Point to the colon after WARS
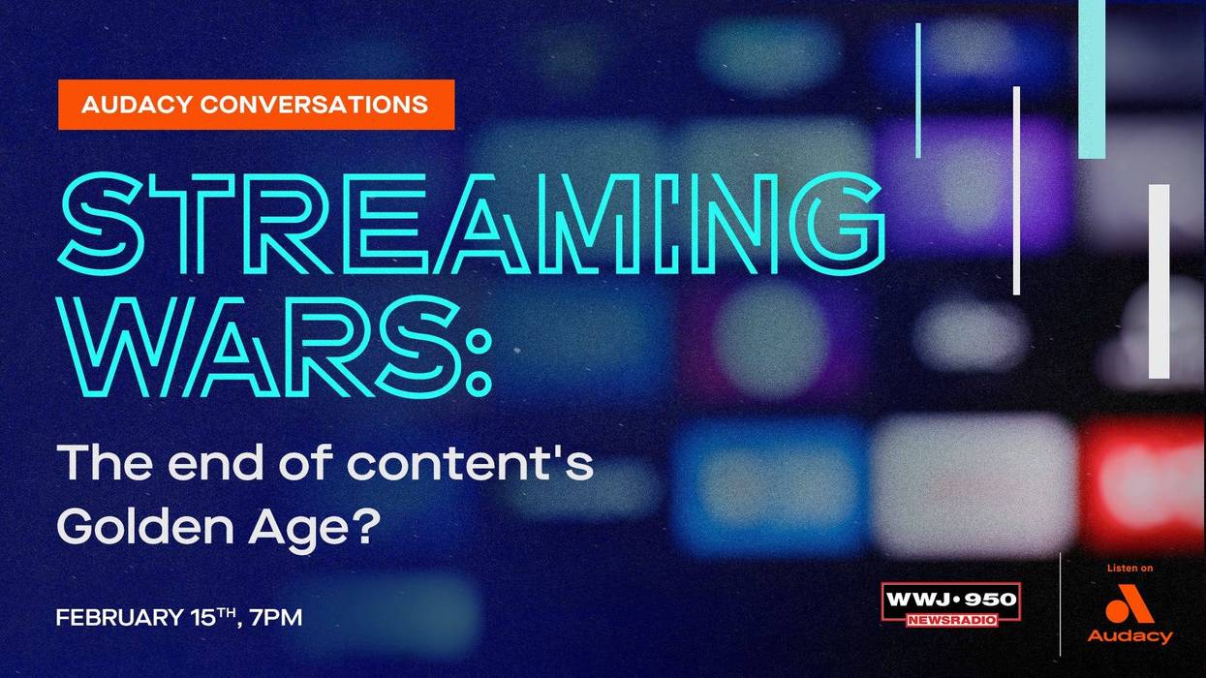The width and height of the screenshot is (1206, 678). click(477, 359)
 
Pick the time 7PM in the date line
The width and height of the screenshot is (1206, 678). click(276, 617)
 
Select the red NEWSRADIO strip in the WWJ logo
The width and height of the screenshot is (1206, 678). click(950, 620)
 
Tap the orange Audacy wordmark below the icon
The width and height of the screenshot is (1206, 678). click(1129, 636)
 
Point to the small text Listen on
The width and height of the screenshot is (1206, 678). click(1129, 569)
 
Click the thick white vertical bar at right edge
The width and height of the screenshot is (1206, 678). click(1159, 281)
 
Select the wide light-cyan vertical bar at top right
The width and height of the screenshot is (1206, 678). click(1092, 77)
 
